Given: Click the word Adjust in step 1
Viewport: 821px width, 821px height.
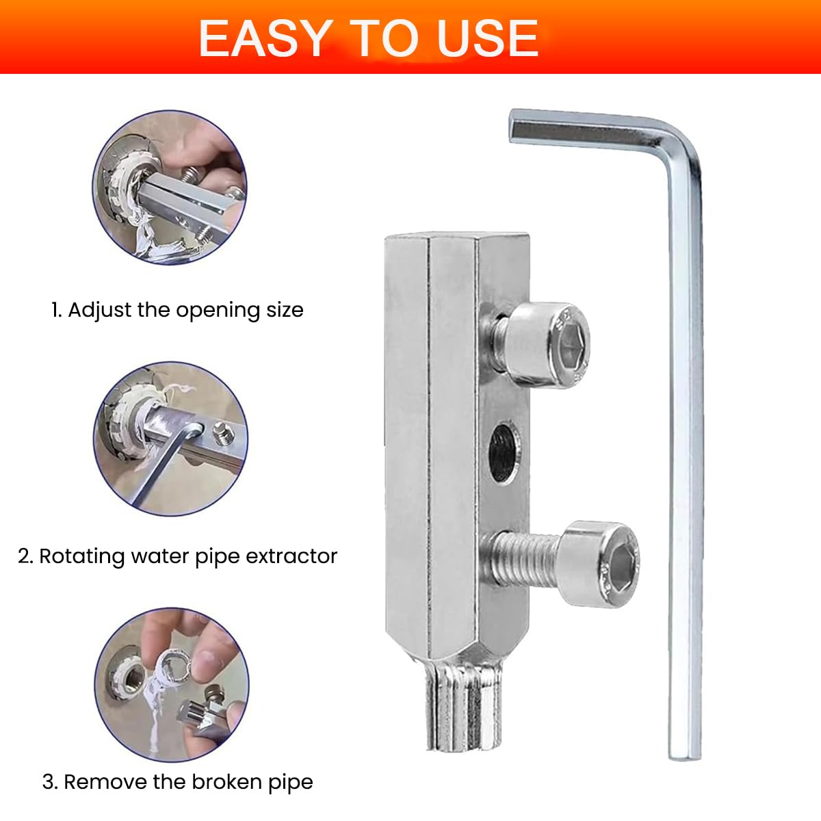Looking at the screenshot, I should click(x=100, y=310).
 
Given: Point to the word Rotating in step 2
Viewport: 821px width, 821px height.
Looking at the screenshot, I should click(x=83, y=556).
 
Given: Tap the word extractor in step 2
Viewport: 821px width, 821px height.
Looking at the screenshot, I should click(x=291, y=556).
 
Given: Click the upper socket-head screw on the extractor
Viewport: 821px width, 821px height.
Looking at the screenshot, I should click(x=547, y=344).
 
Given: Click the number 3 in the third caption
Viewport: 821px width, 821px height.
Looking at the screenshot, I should click(x=49, y=781).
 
